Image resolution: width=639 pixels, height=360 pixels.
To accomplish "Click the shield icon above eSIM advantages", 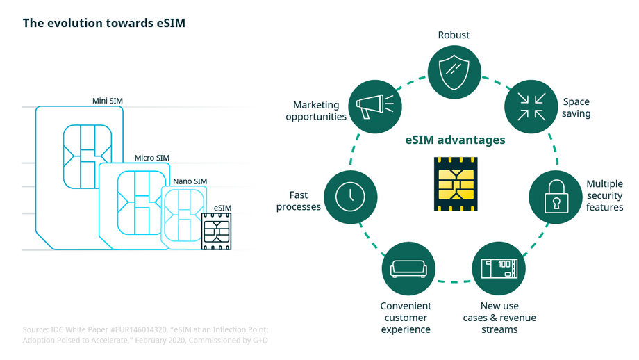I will (x=454, y=69).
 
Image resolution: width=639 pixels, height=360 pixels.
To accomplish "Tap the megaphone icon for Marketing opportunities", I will (x=374, y=106).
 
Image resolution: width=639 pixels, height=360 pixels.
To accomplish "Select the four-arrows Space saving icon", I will (x=531, y=106).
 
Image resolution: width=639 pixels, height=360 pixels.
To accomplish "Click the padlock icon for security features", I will (x=556, y=197).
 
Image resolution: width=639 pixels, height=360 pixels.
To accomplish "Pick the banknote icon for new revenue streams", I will (x=498, y=268).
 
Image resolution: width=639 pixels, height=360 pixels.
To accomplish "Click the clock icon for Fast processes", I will (x=350, y=197).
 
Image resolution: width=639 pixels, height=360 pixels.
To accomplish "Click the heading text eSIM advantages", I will (x=455, y=140).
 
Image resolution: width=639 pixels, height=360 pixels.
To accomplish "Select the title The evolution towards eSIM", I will (x=103, y=23).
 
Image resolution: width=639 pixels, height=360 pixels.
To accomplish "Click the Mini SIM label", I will (x=108, y=101).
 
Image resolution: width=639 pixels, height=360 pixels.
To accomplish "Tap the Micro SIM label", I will (x=151, y=158).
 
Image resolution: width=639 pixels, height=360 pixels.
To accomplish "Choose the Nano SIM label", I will (x=190, y=181).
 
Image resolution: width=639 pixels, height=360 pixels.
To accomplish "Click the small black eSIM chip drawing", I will (x=216, y=231).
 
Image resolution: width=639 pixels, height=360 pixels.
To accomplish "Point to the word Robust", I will (x=454, y=35).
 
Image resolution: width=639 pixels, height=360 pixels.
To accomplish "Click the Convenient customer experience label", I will (x=406, y=317).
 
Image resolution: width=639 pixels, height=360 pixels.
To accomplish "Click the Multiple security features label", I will (x=604, y=195).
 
